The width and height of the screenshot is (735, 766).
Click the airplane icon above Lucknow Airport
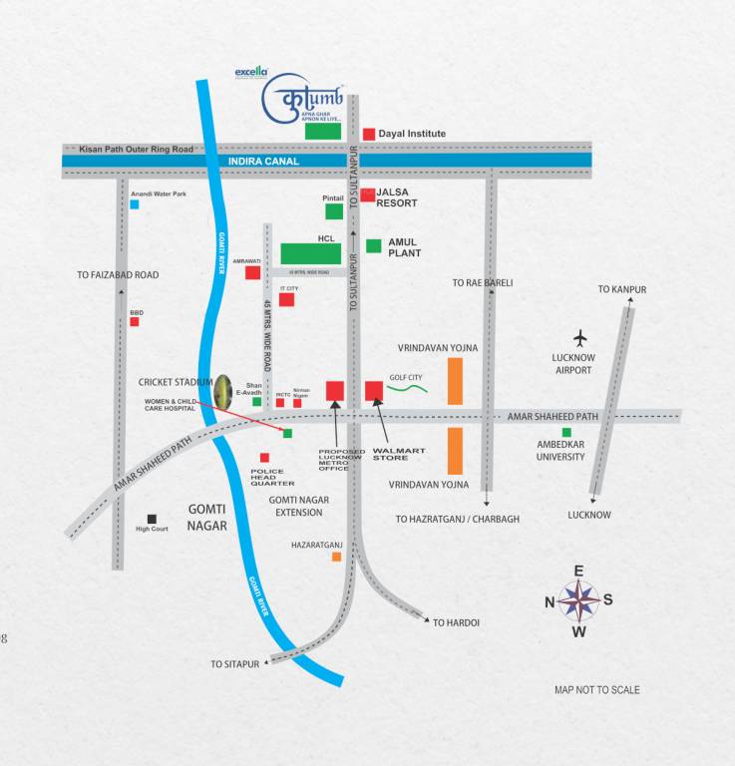point(581,337)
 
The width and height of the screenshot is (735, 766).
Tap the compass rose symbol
point(578,600)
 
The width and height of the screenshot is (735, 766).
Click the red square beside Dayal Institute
point(368,134)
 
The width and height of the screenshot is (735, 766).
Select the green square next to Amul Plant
point(373,246)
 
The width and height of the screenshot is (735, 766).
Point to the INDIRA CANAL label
point(264,161)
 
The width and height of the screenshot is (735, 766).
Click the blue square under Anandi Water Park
point(135,204)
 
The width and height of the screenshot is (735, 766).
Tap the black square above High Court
point(152,519)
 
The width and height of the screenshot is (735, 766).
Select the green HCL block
point(310,253)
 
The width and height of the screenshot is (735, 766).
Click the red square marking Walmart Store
point(374,390)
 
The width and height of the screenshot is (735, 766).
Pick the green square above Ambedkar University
point(566,432)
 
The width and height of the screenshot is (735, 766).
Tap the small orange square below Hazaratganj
point(336,557)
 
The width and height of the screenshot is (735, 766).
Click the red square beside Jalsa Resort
point(368,195)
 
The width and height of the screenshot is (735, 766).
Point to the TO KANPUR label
point(622,289)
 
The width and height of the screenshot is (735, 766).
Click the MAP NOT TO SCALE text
point(597,690)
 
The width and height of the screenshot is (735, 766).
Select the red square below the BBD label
point(135,321)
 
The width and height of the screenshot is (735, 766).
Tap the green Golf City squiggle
point(407,388)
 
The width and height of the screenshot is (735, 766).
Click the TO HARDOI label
point(456,622)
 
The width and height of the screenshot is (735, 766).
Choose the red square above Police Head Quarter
point(264,458)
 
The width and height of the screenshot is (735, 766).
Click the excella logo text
point(251,72)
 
